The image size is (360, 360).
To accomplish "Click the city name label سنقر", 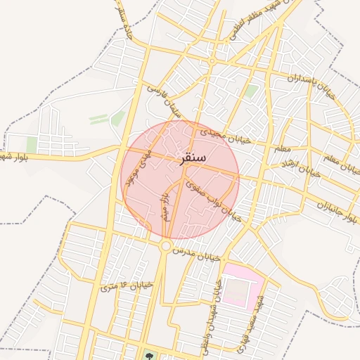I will click(193, 158).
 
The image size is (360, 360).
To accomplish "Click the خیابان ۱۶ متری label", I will click(127, 286).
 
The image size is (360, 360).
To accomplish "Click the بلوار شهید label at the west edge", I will click(18, 155).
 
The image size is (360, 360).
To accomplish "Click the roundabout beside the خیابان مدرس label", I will click(166, 246).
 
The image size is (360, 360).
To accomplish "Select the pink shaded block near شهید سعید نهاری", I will click(243, 285).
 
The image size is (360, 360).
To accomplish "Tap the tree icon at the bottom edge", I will click(148, 354).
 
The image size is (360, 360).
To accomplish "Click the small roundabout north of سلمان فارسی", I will click(212, 60).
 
